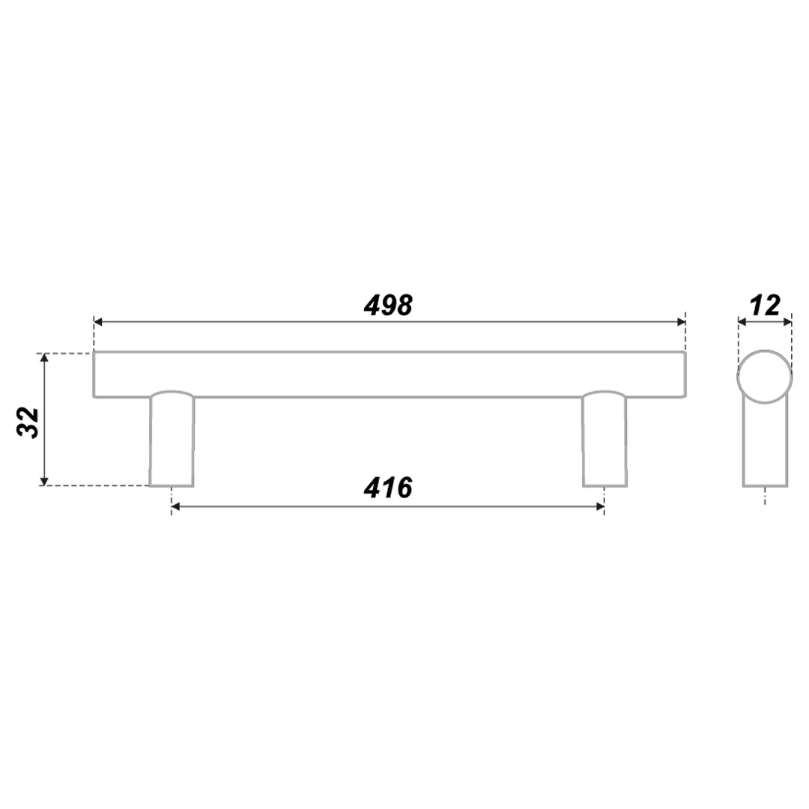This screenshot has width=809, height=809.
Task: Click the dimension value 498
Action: tap(388, 306)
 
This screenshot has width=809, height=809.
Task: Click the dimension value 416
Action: tap(388, 488)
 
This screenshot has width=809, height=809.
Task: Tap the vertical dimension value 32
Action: tap(28, 422)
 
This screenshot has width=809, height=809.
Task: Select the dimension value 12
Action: tap(765, 306)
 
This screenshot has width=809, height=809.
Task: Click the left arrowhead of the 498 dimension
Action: tap(98, 322)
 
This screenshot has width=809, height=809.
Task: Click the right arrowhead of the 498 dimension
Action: tap(681, 322)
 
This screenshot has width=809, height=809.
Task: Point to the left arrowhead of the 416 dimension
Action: tap(175, 506)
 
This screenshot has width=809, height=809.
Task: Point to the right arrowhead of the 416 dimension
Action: tap(600, 506)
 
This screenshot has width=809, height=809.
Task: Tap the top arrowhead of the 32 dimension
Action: tap(44, 357)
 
